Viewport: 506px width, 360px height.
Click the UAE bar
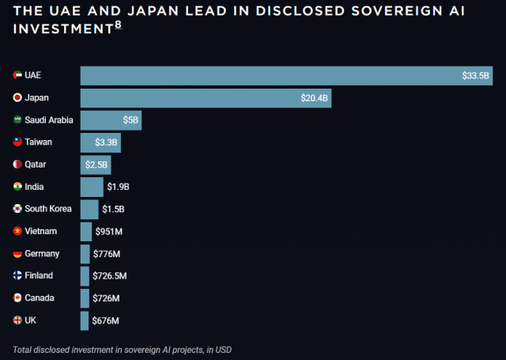point(269,76)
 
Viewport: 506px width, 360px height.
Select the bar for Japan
point(205,98)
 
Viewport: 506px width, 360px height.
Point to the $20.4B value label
point(315,98)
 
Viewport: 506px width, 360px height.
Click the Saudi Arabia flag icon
point(17,120)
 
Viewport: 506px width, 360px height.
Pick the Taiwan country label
point(39,142)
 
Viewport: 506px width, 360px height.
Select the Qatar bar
point(95,165)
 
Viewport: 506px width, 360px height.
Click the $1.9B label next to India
point(118,187)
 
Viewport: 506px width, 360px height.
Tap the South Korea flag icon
point(17,209)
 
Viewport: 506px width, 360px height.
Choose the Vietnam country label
point(40,231)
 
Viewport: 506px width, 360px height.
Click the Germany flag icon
point(17,253)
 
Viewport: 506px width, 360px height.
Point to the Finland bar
point(85,276)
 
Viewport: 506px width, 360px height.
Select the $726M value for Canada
point(107,298)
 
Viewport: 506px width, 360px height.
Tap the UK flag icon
point(17,320)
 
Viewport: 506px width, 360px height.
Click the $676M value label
point(106,320)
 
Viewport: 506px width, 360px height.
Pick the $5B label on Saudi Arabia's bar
point(130,120)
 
